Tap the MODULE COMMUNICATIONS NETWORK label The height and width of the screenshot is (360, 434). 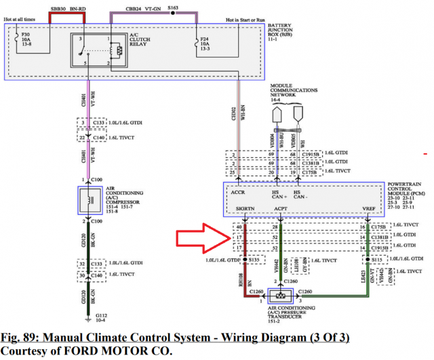click(294, 93)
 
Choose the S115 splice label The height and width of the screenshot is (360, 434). click(377, 259)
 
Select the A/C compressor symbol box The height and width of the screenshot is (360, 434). click(87, 200)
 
